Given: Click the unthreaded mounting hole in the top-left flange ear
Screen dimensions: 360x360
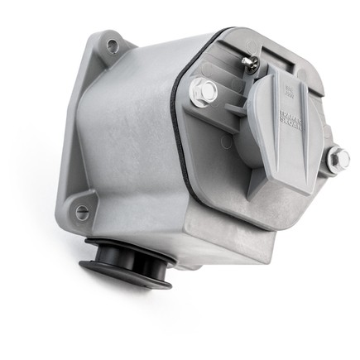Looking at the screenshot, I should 111,46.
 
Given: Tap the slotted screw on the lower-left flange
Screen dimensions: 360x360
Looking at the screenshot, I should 82,213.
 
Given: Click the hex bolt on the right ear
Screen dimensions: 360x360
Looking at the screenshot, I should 336,160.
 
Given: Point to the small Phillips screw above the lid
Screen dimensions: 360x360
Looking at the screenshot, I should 249,62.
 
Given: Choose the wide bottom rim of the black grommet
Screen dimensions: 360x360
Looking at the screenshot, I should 124,276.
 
